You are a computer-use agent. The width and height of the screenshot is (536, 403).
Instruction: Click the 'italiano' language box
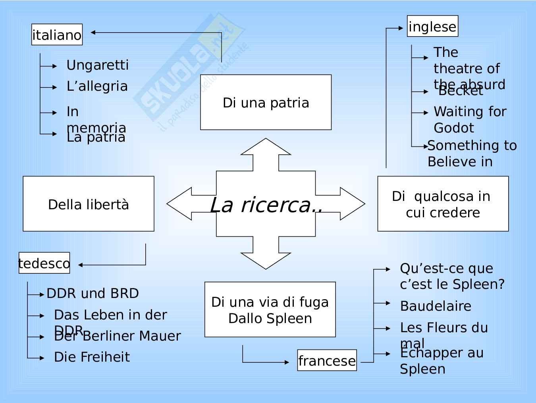pyautogui.click(x=57, y=35)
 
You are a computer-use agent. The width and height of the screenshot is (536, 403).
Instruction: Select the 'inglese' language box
pyautogui.click(x=432, y=26)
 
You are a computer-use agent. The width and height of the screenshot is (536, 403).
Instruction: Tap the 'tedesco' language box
pyautogui.click(x=44, y=263)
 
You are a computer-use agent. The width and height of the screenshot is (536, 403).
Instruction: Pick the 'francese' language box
pyautogui.click(x=327, y=360)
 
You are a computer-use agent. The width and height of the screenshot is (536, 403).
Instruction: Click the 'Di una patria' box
pyautogui.click(x=266, y=102)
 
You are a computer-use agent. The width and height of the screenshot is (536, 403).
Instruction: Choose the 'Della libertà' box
pyautogui.click(x=89, y=204)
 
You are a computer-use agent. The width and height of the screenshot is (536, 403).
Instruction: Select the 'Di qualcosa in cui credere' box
pyautogui.click(x=443, y=204)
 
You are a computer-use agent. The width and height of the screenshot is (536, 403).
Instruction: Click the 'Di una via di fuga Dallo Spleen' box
pyautogui.click(x=270, y=310)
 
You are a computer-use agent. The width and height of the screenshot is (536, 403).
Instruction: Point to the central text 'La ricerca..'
pyautogui.click(x=266, y=205)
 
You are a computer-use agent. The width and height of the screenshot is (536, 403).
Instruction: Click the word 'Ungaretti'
pyautogui.click(x=97, y=65)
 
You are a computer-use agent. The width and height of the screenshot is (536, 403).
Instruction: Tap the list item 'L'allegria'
pyautogui.click(x=97, y=86)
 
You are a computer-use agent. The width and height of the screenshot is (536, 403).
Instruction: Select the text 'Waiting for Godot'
pyautogui.click(x=470, y=119)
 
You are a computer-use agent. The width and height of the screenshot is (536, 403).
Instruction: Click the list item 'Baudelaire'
pyautogui.click(x=436, y=306)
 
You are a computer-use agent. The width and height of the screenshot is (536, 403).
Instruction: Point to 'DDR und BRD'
pyautogui.click(x=93, y=293)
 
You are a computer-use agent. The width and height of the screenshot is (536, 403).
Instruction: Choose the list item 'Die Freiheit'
pyautogui.click(x=92, y=357)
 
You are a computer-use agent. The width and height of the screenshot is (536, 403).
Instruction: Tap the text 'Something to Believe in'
pyautogui.click(x=472, y=153)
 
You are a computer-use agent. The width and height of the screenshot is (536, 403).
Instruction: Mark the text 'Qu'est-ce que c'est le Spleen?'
pyautogui.click(x=452, y=276)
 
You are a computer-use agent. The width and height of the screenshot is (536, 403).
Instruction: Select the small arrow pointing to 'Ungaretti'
pyautogui.click(x=49, y=66)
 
